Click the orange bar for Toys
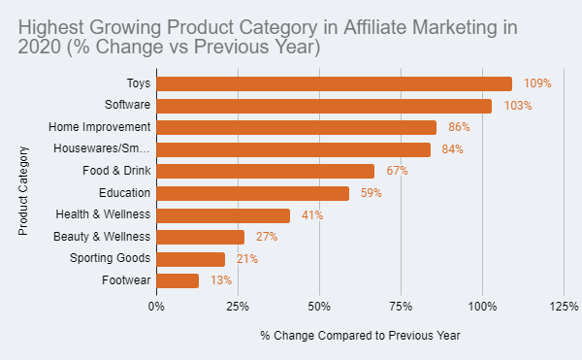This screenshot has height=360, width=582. (334, 83)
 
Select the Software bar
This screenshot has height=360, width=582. (324, 106)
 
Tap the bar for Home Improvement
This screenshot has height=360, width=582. (296, 127)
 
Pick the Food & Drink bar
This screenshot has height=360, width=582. (265, 171)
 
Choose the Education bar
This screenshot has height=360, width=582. (252, 193)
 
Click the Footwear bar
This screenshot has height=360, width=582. (178, 280)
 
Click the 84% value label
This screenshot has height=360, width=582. (452, 149)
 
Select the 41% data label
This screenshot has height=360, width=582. (311, 215)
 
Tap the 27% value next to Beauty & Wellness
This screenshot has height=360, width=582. (267, 237)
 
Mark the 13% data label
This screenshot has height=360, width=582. (220, 280)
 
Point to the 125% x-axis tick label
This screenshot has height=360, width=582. (564, 307)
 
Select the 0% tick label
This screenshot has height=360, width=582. (156, 307)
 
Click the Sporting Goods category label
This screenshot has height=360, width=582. (110, 258)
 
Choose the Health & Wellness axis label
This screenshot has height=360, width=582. (103, 214)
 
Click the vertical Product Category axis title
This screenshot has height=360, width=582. (23, 190)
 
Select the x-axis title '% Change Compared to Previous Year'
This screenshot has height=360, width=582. (360, 335)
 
